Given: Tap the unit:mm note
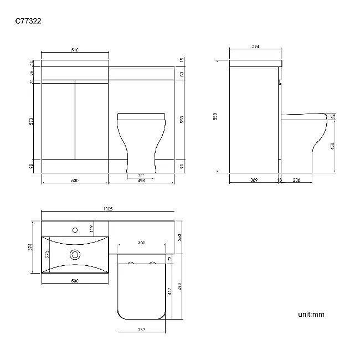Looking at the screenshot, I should click(x=311, y=314).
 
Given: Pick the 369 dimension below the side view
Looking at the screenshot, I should click(x=254, y=181).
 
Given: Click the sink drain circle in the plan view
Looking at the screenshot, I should click(x=74, y=255).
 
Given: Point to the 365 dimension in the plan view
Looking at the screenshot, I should click(x=141, y=243).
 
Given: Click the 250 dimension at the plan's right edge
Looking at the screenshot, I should click(x=180, y=237).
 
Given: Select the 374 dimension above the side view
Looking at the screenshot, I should click(x=255, y=47).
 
